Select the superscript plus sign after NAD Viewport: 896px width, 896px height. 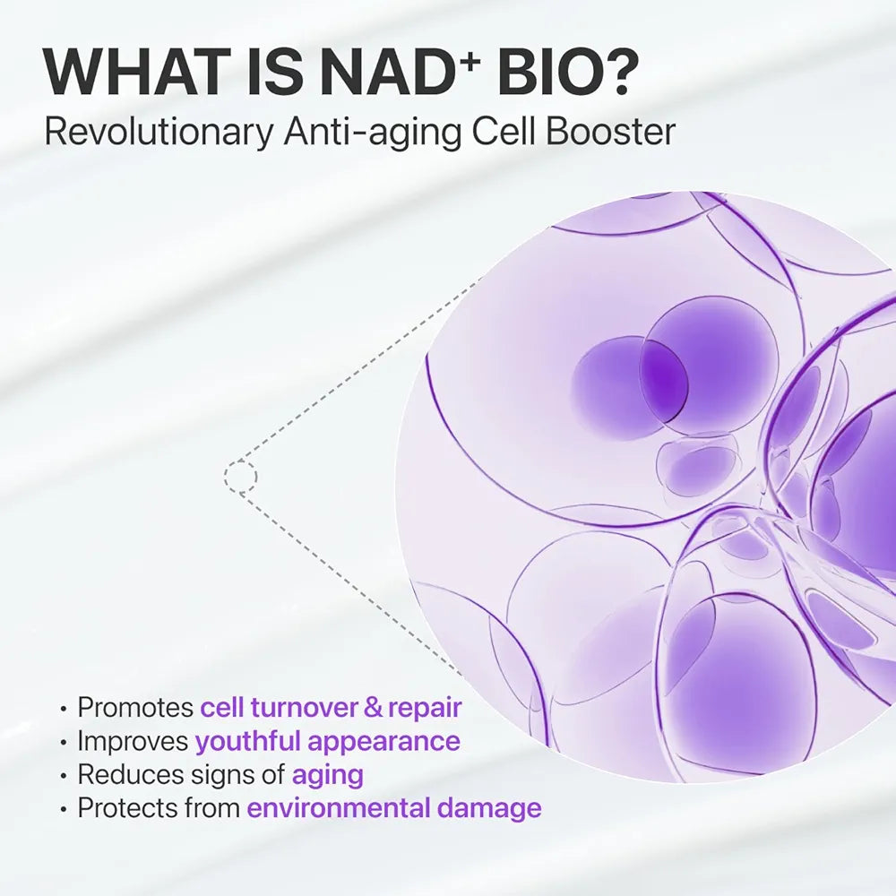point(465,56)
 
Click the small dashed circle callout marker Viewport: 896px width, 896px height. point(240,477)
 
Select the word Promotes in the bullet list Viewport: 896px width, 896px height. point(135,709)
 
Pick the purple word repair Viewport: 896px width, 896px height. point(425,709)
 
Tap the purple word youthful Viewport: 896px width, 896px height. point(248,742)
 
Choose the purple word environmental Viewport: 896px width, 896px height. point(339,808)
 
